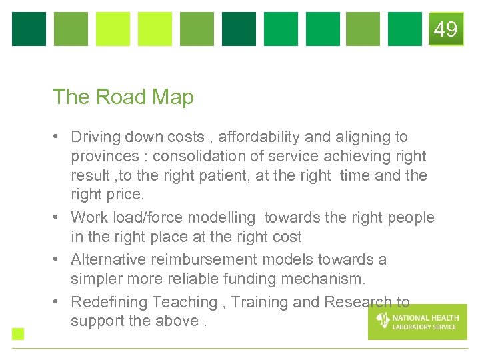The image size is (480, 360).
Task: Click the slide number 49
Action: click(x=445, y=29)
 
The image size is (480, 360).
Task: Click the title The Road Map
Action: click(x=123, y=97)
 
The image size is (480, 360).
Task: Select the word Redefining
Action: click(x=109, y=302)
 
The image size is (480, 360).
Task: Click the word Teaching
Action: click(x=185, y=302)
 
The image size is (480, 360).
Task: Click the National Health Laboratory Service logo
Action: click(x=417, y=321)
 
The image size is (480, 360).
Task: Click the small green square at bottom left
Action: click(x=18, y=334)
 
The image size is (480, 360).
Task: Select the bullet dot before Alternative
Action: click(x=59, y=259)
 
